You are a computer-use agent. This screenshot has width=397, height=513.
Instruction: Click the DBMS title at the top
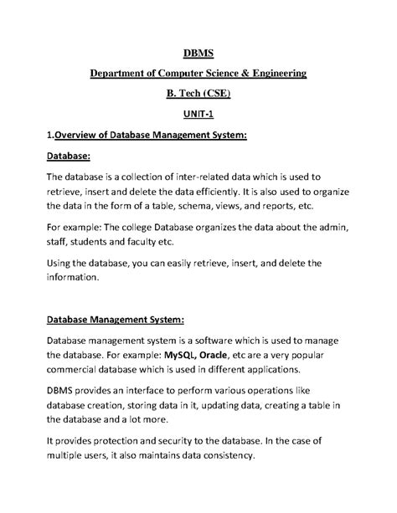(198, 53)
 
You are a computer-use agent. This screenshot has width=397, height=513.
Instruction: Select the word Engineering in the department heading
(274, 74)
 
